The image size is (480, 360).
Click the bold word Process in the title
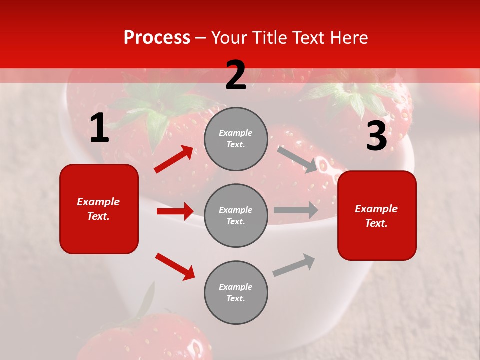(157, 37)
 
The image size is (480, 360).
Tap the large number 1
(99, 129)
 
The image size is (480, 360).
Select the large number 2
(236, 75)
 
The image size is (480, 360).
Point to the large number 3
(376, 136)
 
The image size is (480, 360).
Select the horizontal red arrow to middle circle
(175, 211)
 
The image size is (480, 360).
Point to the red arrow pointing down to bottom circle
(175, 266)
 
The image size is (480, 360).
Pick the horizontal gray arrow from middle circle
(296, 210)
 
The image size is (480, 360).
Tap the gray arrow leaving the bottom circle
(294, 265)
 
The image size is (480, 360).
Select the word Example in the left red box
(98, 202)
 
